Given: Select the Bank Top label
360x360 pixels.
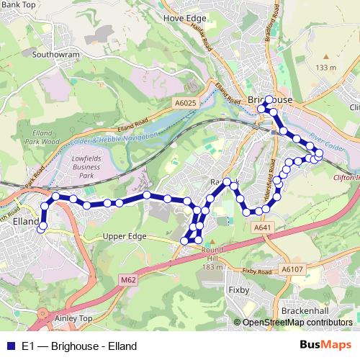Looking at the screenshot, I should pyautogui.click(x=19, y=4).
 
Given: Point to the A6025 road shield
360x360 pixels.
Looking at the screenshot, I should pyautogui.click(x=184, y=104).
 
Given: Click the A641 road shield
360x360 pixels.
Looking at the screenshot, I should pyautogui.click(x=262, y=228).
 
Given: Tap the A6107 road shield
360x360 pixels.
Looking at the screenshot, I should pyautogui.click(x=292, y=269).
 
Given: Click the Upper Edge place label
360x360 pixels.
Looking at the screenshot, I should pyautogui.click(x=125, y=236).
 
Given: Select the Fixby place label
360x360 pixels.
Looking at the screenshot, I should pyautogui.click(x=238, y=290).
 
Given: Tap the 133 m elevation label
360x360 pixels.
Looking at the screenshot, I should pyautogui.click(x=325, y=68).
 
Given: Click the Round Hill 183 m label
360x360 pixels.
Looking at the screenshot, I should pyautogui.click(x=213, y=258).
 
